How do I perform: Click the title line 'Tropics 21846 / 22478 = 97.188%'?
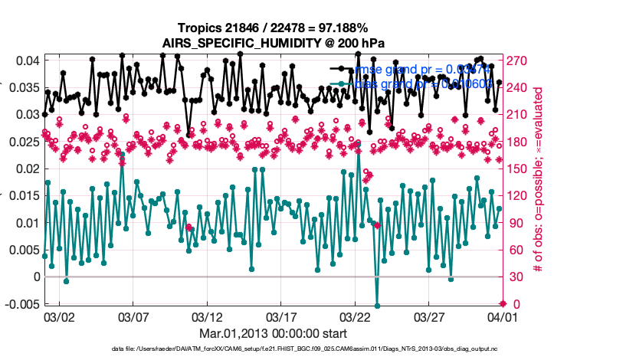tap(272, 28)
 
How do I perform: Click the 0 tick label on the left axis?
tap(36, 277)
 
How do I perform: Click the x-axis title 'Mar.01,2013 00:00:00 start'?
tap(272, 333)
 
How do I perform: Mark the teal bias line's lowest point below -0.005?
tap(377, 305)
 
